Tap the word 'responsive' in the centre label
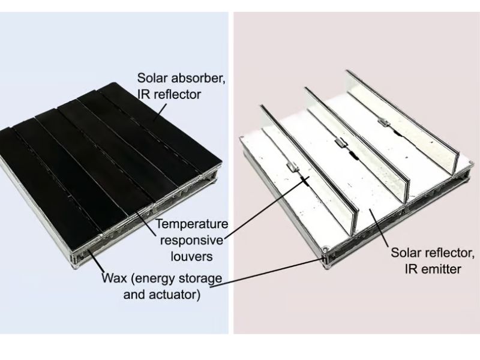(193, 241)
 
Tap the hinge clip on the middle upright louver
(339, 143)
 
